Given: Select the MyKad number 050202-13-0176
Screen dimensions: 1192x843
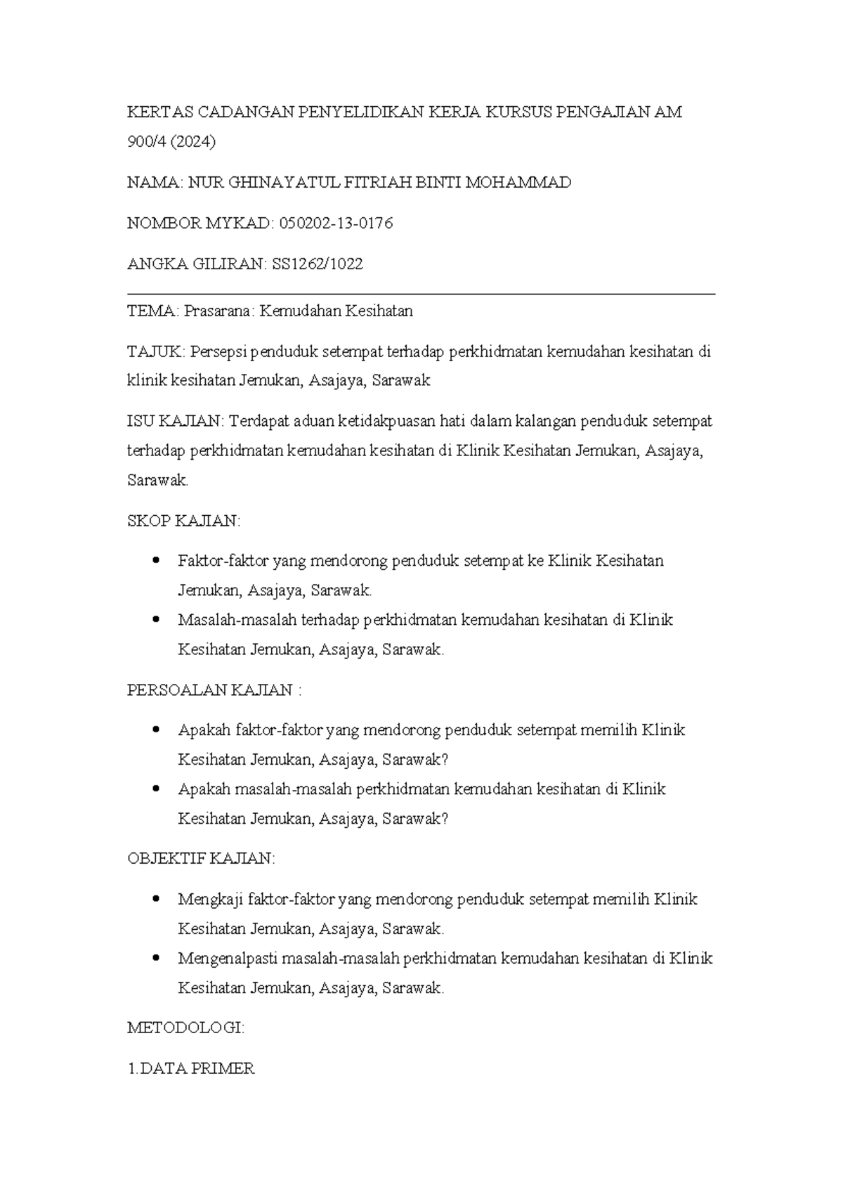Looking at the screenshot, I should coord(336,223).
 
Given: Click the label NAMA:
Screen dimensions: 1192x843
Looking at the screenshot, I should coord(155,183).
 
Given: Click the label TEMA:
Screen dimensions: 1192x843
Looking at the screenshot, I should coord(153,311).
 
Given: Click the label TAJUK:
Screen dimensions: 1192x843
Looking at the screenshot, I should coord(155,351).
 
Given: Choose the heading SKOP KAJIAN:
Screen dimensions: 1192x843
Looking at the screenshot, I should coord(183,521).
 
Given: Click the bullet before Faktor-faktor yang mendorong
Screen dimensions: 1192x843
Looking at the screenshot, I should coord(155,561).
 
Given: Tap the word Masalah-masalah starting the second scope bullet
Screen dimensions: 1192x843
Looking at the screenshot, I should coord(237,620).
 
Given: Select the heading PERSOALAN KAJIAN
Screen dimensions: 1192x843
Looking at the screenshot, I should coord(210,689).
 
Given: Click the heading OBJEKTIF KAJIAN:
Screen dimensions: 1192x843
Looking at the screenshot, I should coord(201,858).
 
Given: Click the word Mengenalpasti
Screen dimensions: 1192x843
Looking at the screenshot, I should coord(229,958).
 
